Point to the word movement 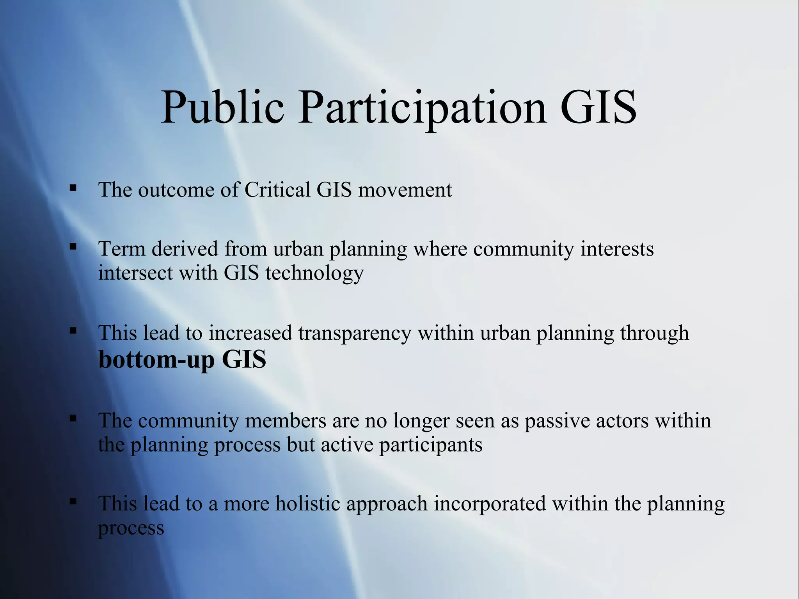[405, 190]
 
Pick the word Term [122, 248]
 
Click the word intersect [135, 273]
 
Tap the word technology [314, 273]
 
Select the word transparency [355, 333]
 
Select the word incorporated [490, 503]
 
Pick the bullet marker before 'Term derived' [73, 246]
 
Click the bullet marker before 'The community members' [73, 418]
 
